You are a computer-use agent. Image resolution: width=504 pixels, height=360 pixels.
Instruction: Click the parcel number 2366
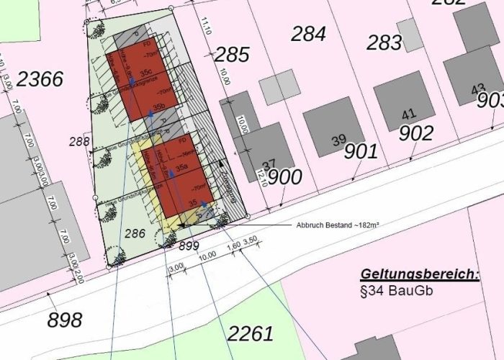[40, 79]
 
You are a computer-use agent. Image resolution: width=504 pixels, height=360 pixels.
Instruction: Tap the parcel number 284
[308, 33]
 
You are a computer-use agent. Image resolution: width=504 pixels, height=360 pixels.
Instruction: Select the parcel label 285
[232, 55]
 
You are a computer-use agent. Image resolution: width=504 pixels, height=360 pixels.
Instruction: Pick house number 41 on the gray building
[409, 114]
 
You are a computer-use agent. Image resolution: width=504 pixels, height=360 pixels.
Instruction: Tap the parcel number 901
[361, 151]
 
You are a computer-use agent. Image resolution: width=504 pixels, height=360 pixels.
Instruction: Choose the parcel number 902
[416, 133]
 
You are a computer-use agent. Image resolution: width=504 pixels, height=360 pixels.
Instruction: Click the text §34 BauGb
[400, 292]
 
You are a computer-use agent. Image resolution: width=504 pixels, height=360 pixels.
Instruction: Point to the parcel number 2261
[251, 333]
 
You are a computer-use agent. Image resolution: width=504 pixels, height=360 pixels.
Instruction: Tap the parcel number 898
[65, 319]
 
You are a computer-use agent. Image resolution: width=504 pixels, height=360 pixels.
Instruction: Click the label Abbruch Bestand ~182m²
[338, 225]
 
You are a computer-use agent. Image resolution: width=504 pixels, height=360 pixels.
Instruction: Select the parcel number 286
[135, 233]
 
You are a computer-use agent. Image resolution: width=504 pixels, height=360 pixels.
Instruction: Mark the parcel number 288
[79, 142]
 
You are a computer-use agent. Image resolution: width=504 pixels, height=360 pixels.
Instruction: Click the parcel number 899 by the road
[189, 246]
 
